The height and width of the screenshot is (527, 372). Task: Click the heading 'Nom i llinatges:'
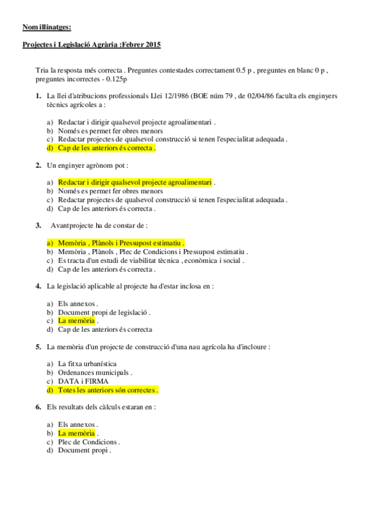coord(47,27)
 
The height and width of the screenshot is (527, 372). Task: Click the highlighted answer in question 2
coord(135,182)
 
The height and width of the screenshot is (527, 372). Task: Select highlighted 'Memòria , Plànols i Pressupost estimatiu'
coord(121,242)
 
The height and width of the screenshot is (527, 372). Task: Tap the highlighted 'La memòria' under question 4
coord(76,321)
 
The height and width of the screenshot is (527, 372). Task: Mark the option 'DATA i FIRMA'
coord(83,381)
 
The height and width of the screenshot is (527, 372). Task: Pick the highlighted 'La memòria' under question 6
coord(76,433)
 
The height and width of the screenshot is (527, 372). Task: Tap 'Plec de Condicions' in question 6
coord(88,441)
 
